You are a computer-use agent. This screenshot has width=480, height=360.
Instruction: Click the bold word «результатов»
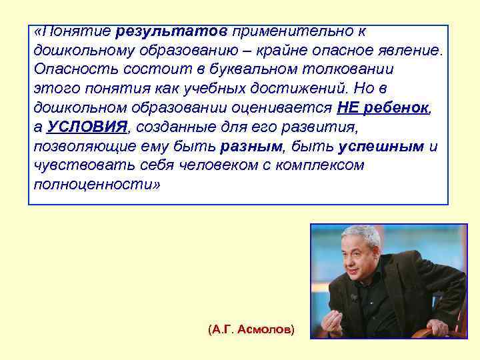[x=171, y=31]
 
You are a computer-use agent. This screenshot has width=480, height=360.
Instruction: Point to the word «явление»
[x=411, y=51]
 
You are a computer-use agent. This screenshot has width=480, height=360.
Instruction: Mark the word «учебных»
[x=222, y=89]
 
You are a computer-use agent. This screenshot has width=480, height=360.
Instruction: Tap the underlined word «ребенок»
[x=397, y=108]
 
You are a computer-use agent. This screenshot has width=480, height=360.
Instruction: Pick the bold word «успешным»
[x=381, y=147]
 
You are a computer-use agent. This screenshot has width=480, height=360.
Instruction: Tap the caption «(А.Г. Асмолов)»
[x=251, y=330]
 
